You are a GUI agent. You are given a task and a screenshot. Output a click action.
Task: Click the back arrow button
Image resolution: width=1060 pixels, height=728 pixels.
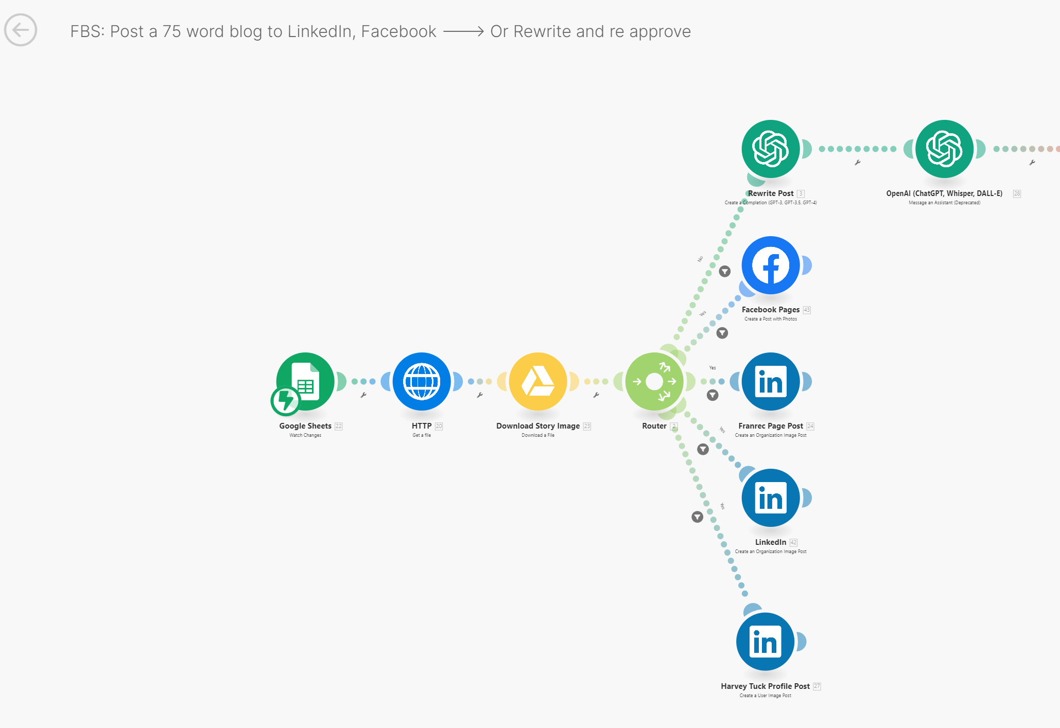[21, 30]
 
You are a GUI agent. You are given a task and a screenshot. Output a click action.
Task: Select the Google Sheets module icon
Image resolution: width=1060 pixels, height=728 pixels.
[305, 381]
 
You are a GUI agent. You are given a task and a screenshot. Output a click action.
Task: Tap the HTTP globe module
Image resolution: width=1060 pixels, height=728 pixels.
[422, 381]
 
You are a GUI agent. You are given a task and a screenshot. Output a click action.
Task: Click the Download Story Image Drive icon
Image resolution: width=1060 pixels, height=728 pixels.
[538, 381]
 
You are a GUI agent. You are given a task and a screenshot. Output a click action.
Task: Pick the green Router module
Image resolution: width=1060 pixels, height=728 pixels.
[654, 381]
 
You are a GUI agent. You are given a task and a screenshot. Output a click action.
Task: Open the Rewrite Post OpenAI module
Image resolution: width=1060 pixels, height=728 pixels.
[771, 149]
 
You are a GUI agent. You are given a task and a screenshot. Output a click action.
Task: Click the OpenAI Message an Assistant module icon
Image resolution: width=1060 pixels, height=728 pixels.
[944, 149]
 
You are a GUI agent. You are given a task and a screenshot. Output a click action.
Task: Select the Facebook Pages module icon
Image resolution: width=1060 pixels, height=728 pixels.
[771, 265]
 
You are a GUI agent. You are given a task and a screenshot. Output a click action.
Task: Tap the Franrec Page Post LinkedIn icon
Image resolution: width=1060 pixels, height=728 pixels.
[771, 381]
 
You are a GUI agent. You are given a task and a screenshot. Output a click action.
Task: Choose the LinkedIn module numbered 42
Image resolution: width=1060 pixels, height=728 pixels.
[771, 498]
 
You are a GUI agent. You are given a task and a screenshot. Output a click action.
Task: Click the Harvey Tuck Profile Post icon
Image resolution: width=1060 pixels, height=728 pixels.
[765, 642]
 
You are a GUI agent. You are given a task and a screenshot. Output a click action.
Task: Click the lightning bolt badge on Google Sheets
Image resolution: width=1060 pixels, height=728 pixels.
[285, 401]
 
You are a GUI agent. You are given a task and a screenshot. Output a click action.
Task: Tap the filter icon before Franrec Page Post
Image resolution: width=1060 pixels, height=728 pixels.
[713, 395]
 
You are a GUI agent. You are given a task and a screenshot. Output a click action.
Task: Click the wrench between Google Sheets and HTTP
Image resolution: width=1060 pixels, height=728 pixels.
[363, 395]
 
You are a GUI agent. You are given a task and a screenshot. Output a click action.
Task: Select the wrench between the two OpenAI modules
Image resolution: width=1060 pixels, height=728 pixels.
[858, 163]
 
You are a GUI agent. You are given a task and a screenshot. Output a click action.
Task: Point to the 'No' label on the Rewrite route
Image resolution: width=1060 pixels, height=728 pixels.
[700, 259]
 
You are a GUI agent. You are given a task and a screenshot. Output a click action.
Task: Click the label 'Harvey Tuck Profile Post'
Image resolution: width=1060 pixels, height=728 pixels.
[765, 686]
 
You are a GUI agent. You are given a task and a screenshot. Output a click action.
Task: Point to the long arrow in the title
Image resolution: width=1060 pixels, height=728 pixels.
[463, 32]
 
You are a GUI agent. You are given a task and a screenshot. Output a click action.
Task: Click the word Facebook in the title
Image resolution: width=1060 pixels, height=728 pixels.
[398, 32]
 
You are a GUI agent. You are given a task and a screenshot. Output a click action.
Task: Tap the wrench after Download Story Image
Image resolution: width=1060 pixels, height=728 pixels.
[596, 395]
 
